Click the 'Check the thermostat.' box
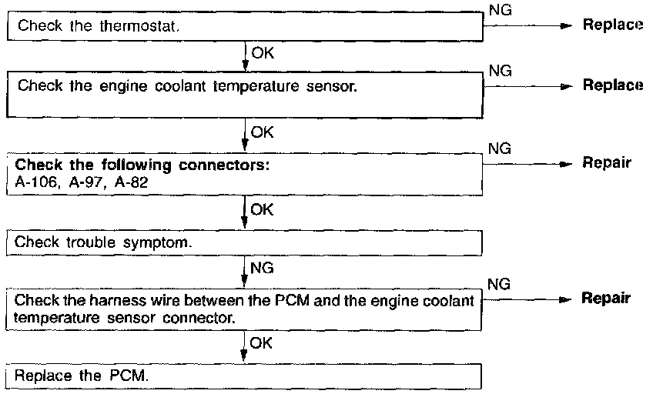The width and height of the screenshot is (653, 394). click(x=245, y=26)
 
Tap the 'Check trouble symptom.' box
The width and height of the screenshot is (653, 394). click(x=245, y=242)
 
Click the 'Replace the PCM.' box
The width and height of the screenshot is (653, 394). click(x=245, y=377)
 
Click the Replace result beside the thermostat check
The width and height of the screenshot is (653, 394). click(x=612, y=25)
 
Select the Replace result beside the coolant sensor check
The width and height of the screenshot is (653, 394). click(x=612, y=85)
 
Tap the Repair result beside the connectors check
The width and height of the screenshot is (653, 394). click(x=607, y=163)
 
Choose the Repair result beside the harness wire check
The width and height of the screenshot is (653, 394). click(x=607, y=299)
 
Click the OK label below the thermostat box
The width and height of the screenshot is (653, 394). click(x=263, y=54)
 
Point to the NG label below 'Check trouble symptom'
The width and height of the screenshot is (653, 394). click(x=263, y=269)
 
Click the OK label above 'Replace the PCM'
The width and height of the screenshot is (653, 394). click(x=263, y=342)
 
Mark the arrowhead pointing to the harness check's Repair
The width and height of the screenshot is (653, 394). click(x=567, y=299)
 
